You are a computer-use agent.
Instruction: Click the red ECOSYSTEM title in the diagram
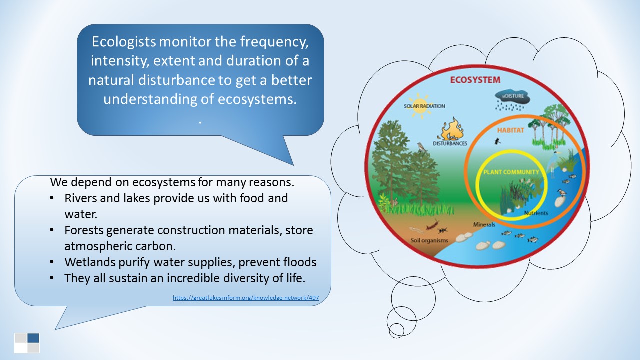(x=475, y=80)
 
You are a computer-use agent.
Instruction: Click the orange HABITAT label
(x=510, y=130)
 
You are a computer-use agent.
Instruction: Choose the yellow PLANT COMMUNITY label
(x=511, y=172)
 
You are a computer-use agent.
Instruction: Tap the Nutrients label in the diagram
(x=536, y=213)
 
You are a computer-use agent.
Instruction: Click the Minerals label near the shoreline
(x=484, y=224)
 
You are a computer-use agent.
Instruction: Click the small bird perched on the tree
(x=421, y=147)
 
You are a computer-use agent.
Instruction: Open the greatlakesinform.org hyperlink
(x=245, y=298)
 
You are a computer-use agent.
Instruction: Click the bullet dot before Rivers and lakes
(x=53, y=198)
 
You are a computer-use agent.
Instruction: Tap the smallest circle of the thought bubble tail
(x=396, y=330)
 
